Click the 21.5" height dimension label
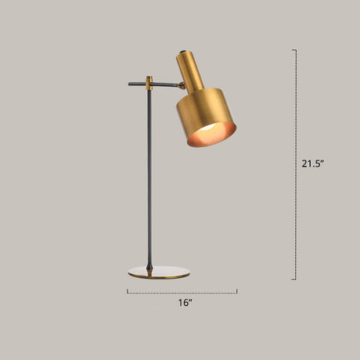click(x=313, y=164)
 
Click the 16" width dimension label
click(x=185, y=303)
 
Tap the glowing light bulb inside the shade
click(x=209, y=128)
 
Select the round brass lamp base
click(x=159, y=272)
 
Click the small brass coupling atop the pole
click(x=149, y=83)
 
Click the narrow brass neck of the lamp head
click(x=189, y=71)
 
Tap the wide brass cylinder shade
click(x=206, y=117)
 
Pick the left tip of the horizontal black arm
click(x=129, y=84)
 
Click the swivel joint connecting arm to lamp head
click(x=182, y=85)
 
